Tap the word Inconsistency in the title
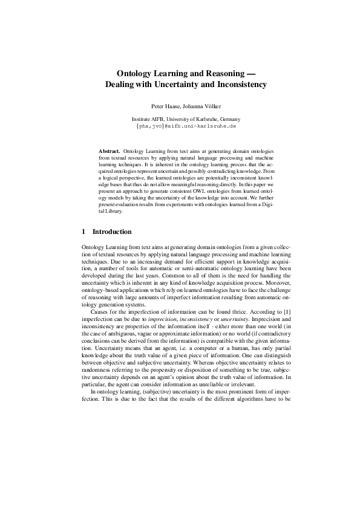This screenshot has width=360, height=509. (234, 85)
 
